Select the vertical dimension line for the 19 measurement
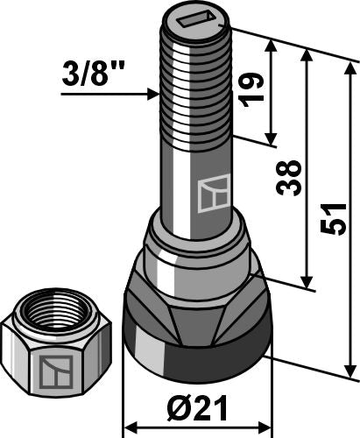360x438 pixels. pos(273,92)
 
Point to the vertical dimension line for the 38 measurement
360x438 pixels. pos(308,166)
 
